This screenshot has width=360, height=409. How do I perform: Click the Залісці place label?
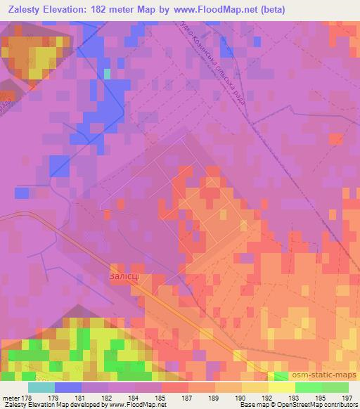point(128,277)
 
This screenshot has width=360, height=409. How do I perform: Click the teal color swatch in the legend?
point(41,387)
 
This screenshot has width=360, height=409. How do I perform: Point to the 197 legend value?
point(348,397)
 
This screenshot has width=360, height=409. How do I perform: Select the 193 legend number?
point(295,397)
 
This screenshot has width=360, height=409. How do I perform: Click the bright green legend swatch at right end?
point(335,387)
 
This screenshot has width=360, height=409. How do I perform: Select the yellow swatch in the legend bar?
point(281,387)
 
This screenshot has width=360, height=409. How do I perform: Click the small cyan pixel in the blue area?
point(107,73)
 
